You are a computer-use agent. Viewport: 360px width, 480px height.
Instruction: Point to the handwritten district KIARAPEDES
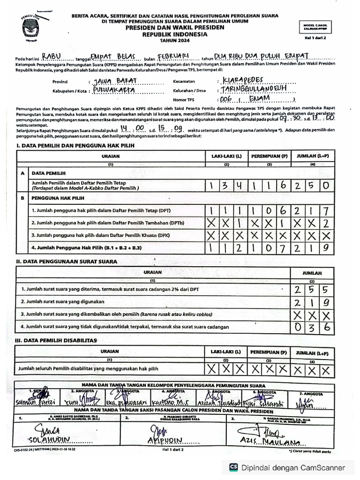click(246, 80)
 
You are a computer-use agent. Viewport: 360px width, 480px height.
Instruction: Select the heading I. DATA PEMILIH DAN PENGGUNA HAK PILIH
click(75, 146)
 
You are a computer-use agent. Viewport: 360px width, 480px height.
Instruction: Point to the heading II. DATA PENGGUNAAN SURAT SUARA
click(67, 262)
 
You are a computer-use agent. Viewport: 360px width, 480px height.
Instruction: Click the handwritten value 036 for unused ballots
click(314, 327)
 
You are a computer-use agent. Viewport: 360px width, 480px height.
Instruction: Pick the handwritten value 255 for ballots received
click(314, 290)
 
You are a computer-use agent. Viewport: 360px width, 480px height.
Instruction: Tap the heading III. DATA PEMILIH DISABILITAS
click(56, 340)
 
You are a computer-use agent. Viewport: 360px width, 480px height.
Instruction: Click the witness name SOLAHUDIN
click(49, 440)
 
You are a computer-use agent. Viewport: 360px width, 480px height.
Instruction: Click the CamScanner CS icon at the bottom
click(233, 467)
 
